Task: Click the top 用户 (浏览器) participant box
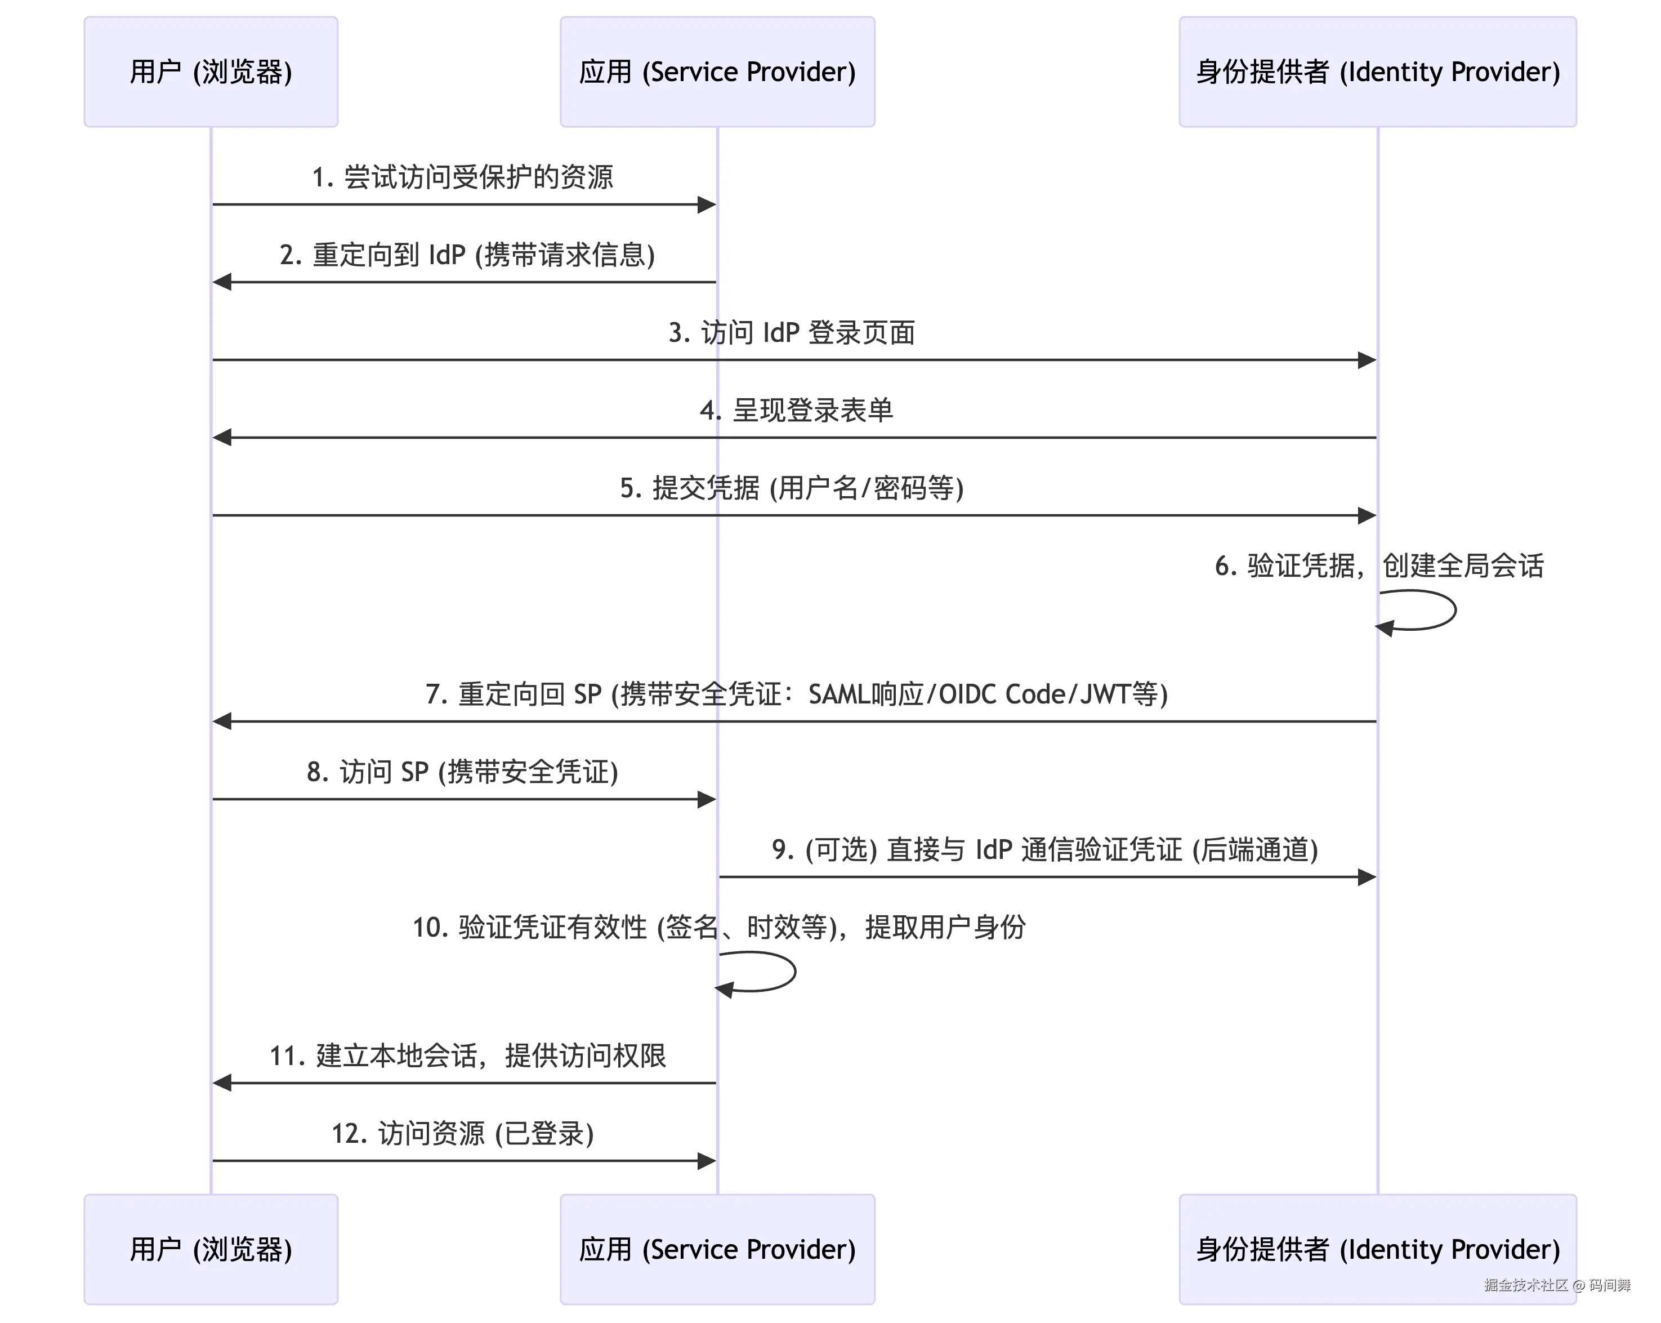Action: pyautogui.click(x=211, y=72)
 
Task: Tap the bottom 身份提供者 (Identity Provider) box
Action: pyautogui.click(x=1377, y=1249)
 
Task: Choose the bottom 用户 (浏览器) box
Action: pyautogui.click(x=211, y=1249)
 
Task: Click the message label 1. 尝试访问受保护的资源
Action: pyautogui.click(x=462, y=177)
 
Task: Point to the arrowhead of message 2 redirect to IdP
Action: pyautogui.click(x=222, y=282)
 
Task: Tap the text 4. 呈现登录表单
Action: pyautogui.click(x=796, y=410)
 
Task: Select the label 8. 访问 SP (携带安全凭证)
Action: pyautogui.click(x=462, y=771)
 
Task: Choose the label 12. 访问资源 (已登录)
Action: pyautogui.click(x=462, y=1133)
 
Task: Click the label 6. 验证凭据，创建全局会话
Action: pyautogui.click(x=1379, y=565)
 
